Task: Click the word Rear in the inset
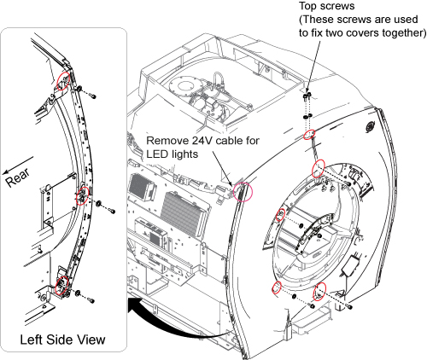(x=18, y=177)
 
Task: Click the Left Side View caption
(x=62, y=340)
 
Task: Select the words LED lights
(x=173, y=154)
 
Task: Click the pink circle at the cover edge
(x=243, y=192)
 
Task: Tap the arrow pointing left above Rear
(x=18, y=165)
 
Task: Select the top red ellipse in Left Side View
(x=63, y=81)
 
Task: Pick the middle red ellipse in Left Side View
(x=83, y=196)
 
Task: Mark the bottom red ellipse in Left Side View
(x=61, y=286)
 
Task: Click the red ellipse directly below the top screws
(x=309, y=135)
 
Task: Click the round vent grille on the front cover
(x=371, y=126)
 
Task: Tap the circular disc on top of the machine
(x=182, y=85)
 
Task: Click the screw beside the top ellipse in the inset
(x=91, y=96)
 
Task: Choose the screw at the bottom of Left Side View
(x=91, y=300)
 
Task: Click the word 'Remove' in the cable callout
(x=163, y=141)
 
